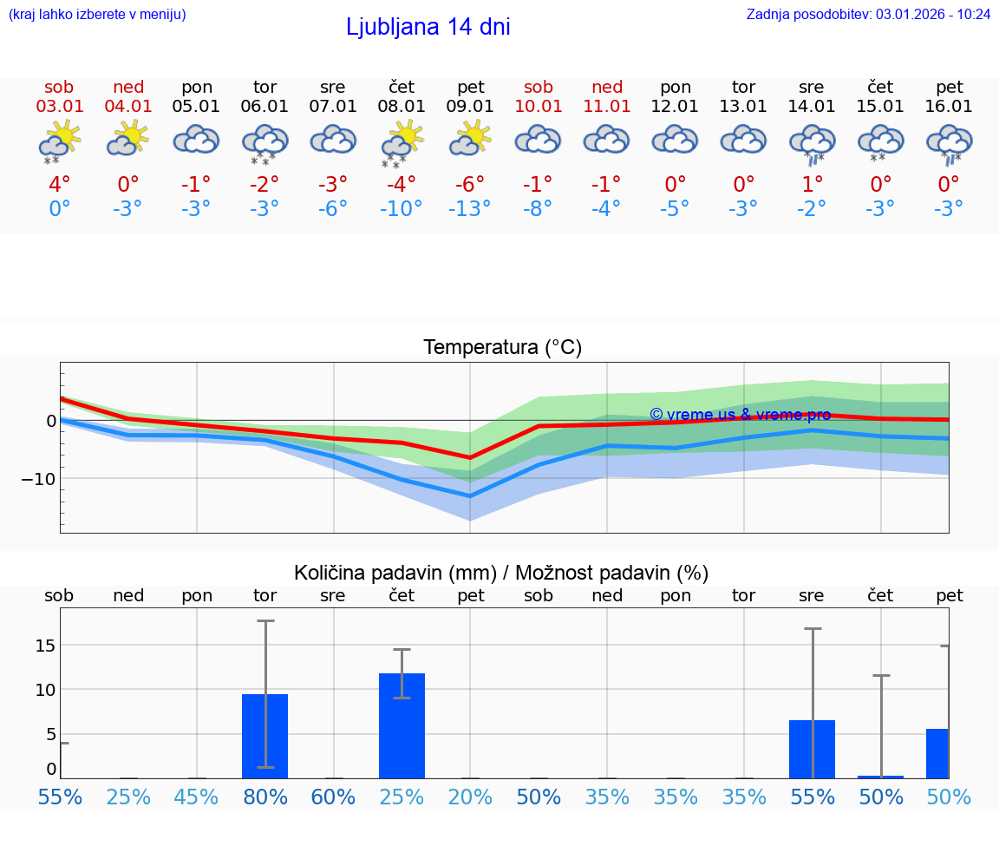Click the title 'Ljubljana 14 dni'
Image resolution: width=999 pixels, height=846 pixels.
pos(428,27)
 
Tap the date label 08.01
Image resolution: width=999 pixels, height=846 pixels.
pos(402,107)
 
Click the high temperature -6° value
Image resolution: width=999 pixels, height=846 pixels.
pos(470,185)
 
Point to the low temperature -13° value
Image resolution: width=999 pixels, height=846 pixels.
pos(470,208)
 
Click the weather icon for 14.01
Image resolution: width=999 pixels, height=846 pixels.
pos(812,142)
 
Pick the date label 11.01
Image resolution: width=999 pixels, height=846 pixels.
pos(607,107)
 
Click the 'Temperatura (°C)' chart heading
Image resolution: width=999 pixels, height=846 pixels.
pos(502,348)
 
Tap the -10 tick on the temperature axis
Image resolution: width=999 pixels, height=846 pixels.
pos(39,478)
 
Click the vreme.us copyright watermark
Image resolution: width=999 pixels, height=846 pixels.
pos(740,415)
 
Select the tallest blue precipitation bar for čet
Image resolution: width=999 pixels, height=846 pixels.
pos(402,725)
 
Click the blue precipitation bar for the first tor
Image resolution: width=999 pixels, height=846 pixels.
pos(264,736)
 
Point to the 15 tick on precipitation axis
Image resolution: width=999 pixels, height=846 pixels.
pos(45,645)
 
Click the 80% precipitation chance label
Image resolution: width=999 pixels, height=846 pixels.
pos(264,797)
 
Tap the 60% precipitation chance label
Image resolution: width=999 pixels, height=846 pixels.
pos(333,797)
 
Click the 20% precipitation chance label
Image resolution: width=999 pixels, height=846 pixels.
pos(470,797)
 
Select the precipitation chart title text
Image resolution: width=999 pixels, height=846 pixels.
pos(501,573)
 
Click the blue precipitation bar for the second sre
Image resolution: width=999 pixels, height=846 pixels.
pos(812,749)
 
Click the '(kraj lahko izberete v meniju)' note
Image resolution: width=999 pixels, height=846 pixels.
pos(97,14)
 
